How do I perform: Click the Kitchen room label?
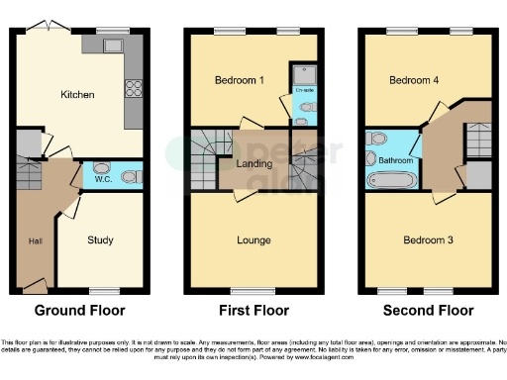[x=77, y=95]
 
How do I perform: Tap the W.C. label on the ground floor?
[x=102, y=180]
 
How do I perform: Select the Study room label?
[x=100, y=239]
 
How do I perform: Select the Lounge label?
[x=253, y=239]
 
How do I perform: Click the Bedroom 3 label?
[x=426, y=239]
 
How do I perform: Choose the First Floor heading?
[x=253, y=310]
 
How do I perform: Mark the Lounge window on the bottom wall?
[x=253, y=290]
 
